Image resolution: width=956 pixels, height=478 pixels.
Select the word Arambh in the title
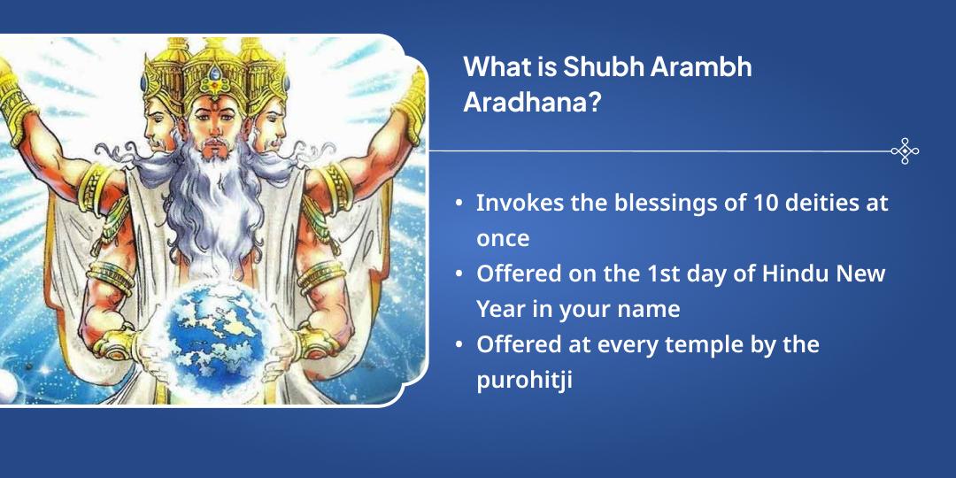[701, 67]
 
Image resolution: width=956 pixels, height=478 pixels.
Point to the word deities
[800, 203]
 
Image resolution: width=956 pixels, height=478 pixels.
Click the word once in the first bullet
[503, 238]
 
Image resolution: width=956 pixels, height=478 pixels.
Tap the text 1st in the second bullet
[644, 274]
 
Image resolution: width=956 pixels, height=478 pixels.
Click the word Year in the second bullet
[500, 309]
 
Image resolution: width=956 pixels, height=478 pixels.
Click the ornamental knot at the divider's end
[905, 151]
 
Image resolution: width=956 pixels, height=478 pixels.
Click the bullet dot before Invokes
[459, 204]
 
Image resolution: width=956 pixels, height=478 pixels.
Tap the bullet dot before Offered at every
[459, 345]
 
